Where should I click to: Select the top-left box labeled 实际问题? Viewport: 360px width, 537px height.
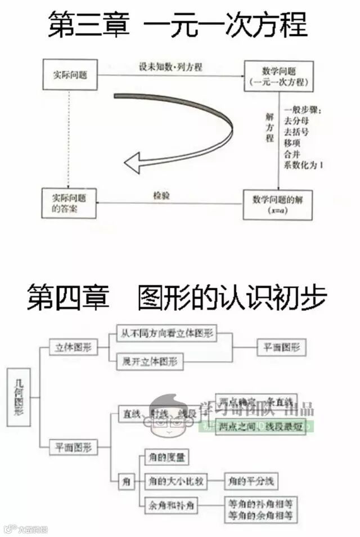coord(70,75)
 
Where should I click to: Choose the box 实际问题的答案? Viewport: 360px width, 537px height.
coord(69,203)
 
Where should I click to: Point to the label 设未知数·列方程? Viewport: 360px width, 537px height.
coord(171,67)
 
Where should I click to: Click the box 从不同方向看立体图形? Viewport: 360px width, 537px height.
coord(166,333)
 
